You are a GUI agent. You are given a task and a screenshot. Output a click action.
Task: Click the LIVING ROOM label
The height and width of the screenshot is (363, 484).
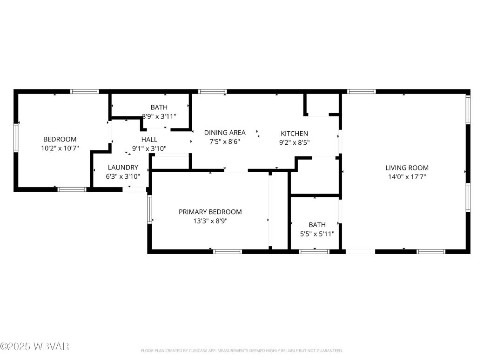[x=407, y=168]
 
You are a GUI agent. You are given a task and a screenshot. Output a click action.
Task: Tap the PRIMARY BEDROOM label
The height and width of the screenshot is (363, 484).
[x=210, y=212]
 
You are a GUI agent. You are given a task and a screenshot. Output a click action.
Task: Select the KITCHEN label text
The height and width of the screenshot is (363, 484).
[x=294, y=134]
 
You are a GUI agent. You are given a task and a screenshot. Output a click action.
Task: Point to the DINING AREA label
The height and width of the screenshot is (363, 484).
[x=225, y=133]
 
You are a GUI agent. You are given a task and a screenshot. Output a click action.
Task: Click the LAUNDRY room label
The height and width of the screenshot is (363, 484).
[x=123, y=168]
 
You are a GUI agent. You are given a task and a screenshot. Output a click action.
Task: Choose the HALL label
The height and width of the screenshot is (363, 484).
[x=149, y=140]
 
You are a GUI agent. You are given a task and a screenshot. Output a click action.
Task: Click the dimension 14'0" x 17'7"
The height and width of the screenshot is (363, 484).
[x=407, y=177]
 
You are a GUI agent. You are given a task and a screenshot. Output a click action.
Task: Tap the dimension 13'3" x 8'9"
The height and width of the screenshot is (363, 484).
[x=210, y=221]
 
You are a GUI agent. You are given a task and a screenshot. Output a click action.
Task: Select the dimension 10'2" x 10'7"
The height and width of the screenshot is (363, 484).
[x=60, y=148]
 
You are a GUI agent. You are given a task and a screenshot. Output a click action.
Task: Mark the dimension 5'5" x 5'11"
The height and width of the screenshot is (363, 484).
[x=316, y=234]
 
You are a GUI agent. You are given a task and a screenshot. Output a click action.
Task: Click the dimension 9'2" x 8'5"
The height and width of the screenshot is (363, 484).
[x=294, y=143]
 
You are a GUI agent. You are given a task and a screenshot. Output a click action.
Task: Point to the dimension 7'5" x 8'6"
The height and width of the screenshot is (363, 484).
[x=225, y=142]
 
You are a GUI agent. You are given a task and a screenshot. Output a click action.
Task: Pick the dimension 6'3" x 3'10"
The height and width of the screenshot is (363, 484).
[x=123, y=177]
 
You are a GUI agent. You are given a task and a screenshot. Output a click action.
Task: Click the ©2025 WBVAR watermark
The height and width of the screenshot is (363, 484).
[x=35, y=346]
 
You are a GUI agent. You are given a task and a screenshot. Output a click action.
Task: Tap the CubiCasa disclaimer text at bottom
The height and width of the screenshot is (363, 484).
[x=242, y=350]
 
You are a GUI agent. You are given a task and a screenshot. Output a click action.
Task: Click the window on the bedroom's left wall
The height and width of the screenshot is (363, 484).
[x=16, y=137]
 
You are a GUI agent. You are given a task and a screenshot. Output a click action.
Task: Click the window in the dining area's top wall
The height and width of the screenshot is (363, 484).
[x=212, y=92]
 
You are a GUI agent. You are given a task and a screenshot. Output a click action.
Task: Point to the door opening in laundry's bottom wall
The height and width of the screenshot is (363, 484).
[x=135, y=189]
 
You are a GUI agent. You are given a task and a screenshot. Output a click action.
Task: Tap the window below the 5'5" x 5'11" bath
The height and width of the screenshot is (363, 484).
[x=314, y=252]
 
